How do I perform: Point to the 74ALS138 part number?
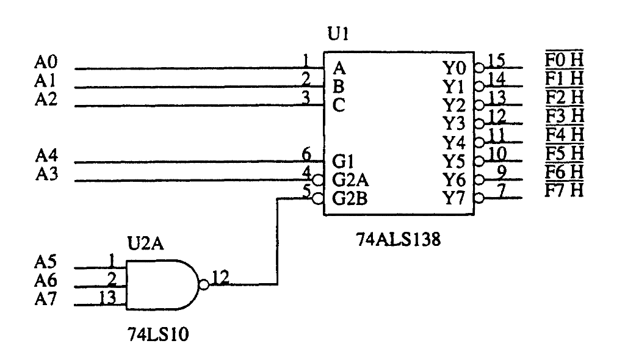(398, 240)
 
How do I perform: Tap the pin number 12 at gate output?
(220, 278)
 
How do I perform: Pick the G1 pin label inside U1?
(342, 162)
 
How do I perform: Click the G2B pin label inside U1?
(350, 199)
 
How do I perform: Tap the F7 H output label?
(564, 190)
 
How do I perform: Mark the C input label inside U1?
(339, 105)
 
